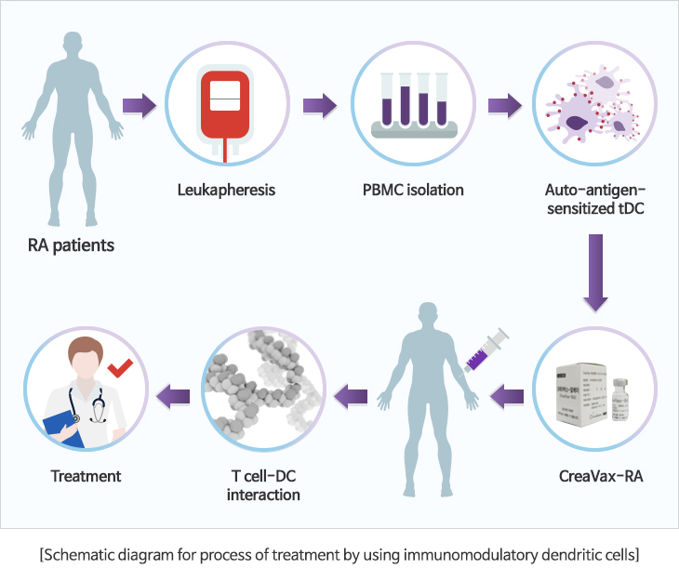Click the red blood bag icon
226,102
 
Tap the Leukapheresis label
226,191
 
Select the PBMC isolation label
413,191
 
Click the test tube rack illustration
413,104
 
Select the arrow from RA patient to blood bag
139,103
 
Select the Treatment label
86,477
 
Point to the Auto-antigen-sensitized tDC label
595,200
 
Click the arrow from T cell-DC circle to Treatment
173,398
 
